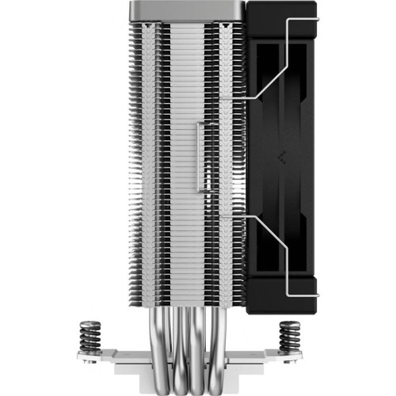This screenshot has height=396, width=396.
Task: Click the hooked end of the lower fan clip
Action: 309,295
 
